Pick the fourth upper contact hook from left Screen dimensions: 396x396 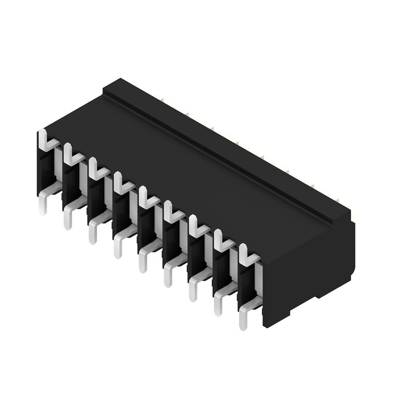point(123,184)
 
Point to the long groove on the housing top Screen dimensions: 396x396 point(223,158)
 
